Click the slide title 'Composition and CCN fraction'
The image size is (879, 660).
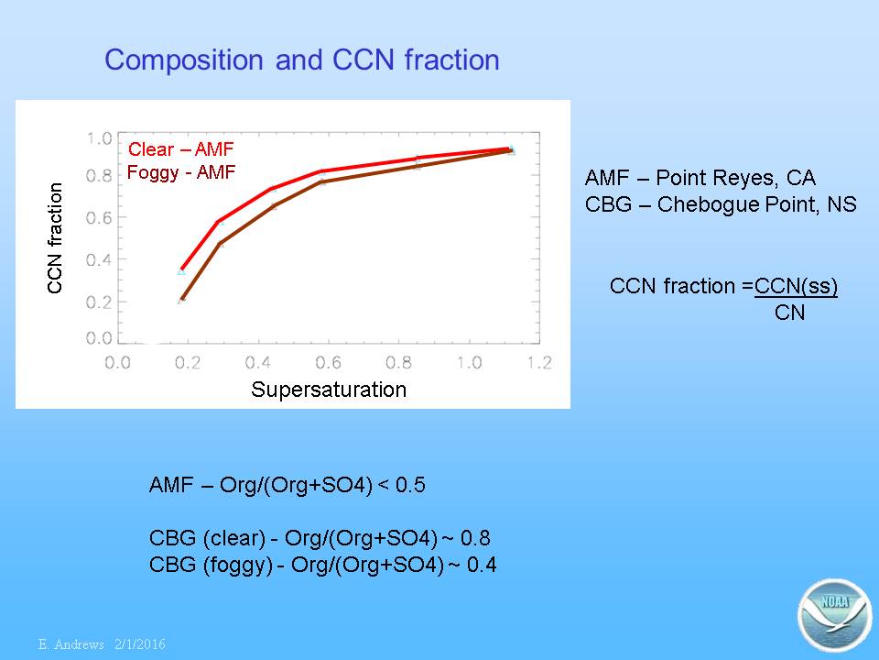click(301, 60)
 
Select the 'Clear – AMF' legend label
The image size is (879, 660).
click(180, 149)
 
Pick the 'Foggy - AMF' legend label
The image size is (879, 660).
click(181, 171)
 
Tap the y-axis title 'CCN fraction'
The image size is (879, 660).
click(54, 238)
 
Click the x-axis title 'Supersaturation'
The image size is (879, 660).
click(329, 390)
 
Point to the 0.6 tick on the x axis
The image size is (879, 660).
click(328, 363)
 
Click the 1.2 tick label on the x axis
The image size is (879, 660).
click(539, 363)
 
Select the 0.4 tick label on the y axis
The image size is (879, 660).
click(99, 259)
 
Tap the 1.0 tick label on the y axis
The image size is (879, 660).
click(99, 138)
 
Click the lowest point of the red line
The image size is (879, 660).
click(181, 269)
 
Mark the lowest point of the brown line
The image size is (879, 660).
click(181, 301)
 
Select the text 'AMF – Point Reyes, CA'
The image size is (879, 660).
click(700, 178)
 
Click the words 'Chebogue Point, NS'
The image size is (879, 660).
click(757, 204)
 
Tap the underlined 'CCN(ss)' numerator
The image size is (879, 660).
click(796, 286)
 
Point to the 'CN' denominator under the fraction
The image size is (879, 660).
click(789, 313)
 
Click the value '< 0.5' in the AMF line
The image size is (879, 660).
click(402, 485)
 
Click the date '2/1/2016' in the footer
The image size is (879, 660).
click(140, 644)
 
